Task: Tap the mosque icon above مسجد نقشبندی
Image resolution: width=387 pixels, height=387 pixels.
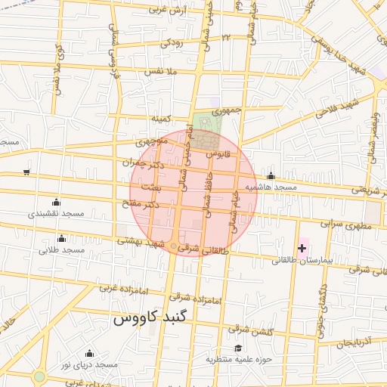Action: point(55,202)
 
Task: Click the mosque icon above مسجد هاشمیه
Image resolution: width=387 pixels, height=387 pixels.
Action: point(271,176)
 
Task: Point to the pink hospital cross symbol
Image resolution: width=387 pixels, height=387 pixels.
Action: point(302,248)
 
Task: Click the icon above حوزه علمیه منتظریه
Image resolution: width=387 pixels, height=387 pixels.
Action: point(239,348)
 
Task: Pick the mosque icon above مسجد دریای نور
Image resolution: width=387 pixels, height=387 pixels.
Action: point(89,354)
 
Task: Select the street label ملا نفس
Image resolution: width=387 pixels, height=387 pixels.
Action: point(160,72)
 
